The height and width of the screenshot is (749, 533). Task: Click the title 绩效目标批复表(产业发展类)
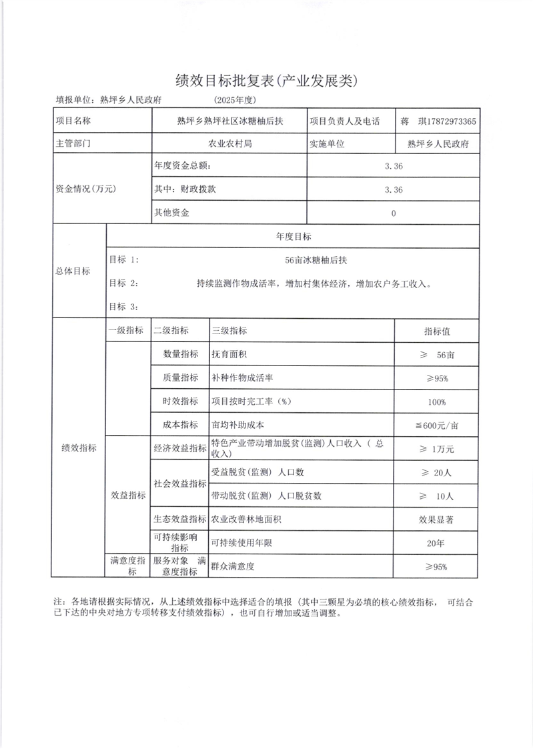point(266,81)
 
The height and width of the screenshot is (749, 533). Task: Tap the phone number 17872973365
point(448,121)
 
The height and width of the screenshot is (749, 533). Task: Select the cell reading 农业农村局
point(229,143)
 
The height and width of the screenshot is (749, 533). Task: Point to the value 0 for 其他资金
point(394,213)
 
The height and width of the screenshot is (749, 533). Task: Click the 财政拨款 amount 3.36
point(394,189)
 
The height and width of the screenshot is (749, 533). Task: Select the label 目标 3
point(124,306)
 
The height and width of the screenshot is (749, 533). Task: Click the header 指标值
point(438,331)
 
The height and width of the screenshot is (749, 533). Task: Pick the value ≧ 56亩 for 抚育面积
point(438,355)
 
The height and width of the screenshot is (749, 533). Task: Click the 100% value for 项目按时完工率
point(438,402)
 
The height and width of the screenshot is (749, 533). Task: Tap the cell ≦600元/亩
point(438,426)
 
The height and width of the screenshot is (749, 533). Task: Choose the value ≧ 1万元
point(438,449)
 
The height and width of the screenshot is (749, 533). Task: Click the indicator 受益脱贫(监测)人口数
point(257,472)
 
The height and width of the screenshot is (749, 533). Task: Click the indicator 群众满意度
point(233,567)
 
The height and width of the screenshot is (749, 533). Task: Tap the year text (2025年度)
point(235,100)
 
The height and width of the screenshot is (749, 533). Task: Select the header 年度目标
point(293,237)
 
